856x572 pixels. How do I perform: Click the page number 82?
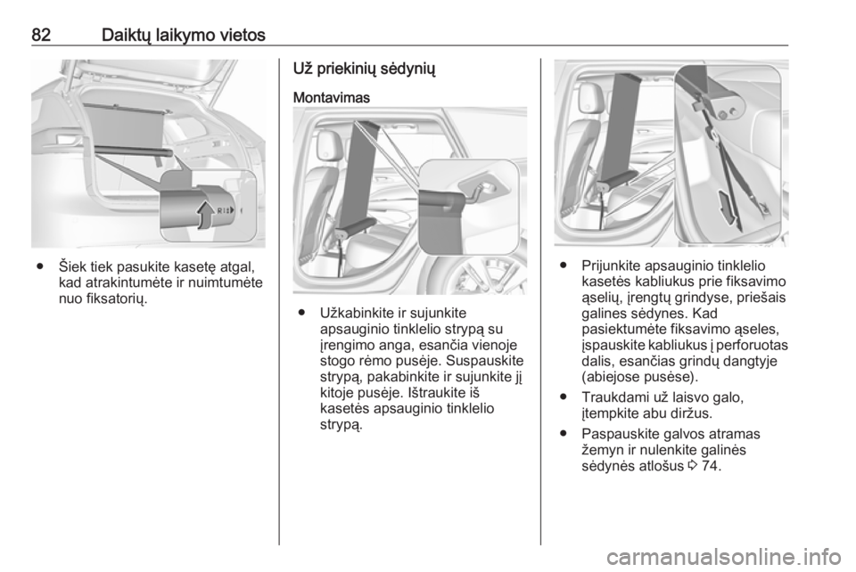(42, 35)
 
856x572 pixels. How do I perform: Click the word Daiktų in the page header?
(126, 36)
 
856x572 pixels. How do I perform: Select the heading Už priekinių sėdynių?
(365, 69)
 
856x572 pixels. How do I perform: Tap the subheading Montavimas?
(332, 98)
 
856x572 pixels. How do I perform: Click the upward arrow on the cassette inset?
(206, 215)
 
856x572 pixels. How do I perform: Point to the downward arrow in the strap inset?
(727, 208)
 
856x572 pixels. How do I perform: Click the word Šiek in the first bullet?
(73, 267)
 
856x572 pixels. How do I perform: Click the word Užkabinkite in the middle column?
(356, 313)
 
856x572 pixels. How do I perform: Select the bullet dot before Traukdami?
(563, 397)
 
